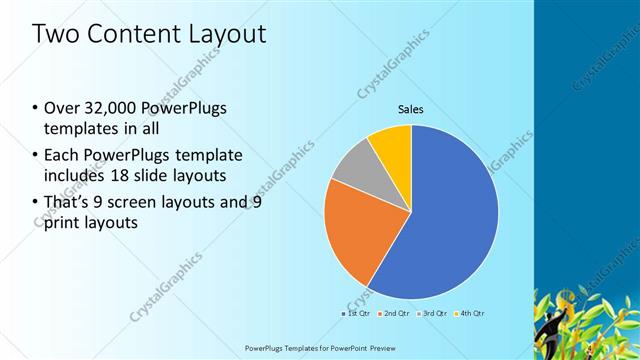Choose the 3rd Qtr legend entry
pyautogui.click(x=431, y=314)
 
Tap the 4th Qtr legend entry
pyautogui.click(x=469, y=314)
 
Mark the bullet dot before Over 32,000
pyautogui.click(x=36, y=108)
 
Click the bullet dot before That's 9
pyautogui.click(x=36, y=201)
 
